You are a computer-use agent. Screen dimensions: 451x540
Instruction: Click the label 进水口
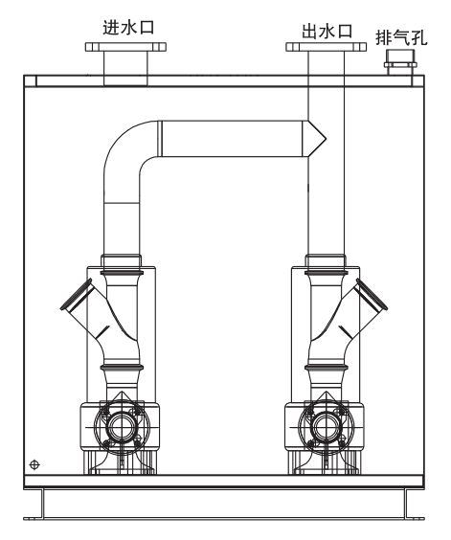(x=128, y=28)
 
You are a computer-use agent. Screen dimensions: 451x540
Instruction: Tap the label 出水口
(x=327, y=31)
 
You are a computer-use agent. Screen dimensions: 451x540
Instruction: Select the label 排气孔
(x=401, y=38)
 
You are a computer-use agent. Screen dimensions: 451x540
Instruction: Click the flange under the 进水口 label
(x=125, y=47)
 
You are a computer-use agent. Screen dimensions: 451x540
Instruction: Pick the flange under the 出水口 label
(x=327, y=47)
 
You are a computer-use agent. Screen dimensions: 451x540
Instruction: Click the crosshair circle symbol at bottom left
(x=34, y=464)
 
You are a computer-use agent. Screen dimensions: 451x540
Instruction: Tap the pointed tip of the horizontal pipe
(x=326, y=139)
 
